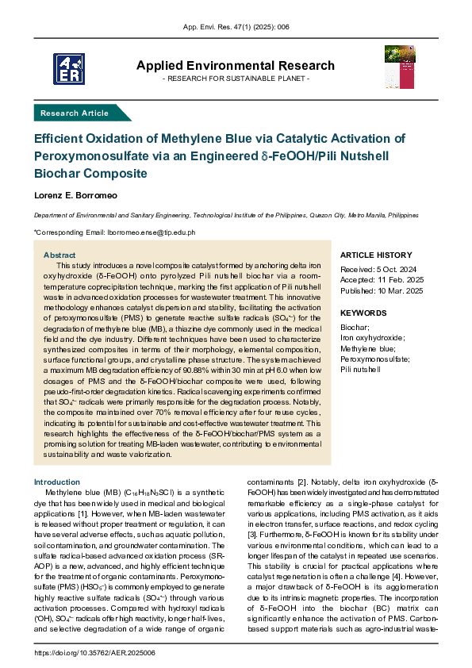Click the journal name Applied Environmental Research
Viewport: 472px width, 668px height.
[x=236, y=65]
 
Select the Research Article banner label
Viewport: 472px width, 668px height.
[x=75, y=113]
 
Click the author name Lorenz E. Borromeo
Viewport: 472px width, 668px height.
[x=76, y=194]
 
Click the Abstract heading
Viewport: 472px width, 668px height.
[x=59, y=255]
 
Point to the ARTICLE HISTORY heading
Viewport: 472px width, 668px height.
[x=376, y=255]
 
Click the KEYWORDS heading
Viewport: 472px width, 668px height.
[x=363, y=313]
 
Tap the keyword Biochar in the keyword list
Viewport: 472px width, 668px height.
[x=355, y=328]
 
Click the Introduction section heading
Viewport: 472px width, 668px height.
[x=56, y=482]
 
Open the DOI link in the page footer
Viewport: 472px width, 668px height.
[x=96, y=652]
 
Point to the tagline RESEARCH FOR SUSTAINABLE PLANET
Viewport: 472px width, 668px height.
[x=236, y=79]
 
